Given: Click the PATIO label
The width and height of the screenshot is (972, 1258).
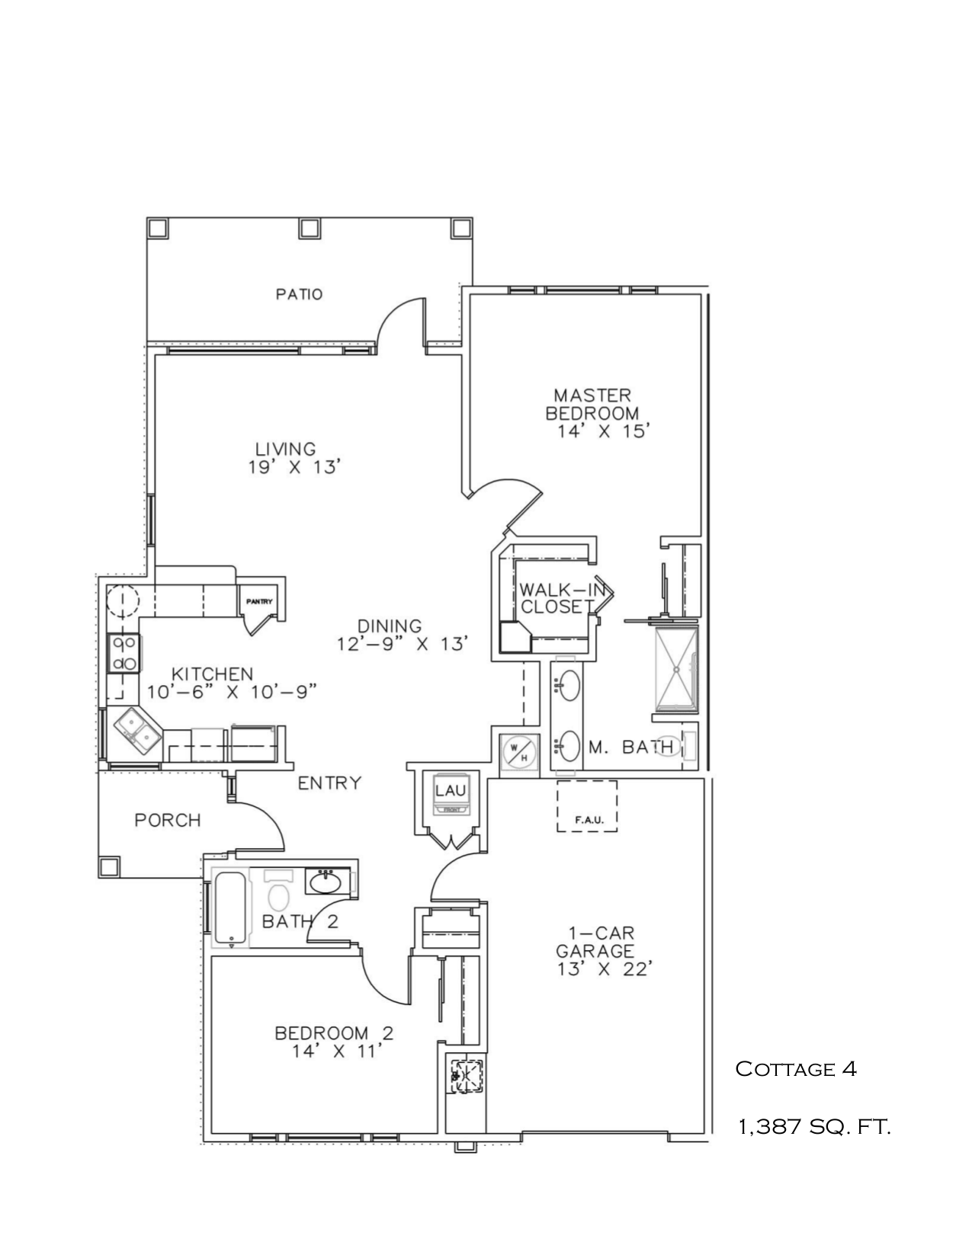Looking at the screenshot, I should click(x=299, y=294).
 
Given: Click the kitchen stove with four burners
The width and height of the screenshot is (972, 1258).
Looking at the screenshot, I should click(x=124, y=654).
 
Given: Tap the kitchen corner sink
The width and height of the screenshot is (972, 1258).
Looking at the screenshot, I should click(x=137, y=727).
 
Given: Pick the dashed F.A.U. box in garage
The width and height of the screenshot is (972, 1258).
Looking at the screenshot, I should click(x=586, y=806).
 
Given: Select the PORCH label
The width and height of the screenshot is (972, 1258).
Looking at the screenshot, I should click(x=168, y=821).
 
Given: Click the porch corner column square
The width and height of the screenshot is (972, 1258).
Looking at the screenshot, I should click(x=110, y=866).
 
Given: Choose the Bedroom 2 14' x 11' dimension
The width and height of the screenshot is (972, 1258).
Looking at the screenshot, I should click(x=335, y=1052).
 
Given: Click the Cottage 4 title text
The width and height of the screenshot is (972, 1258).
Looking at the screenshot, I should click(x=796, y=1069).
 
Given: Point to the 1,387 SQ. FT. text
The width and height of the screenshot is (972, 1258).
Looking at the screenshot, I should click(x=814, y=1126).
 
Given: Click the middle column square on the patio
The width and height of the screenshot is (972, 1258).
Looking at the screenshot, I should click(x=309, y=227).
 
